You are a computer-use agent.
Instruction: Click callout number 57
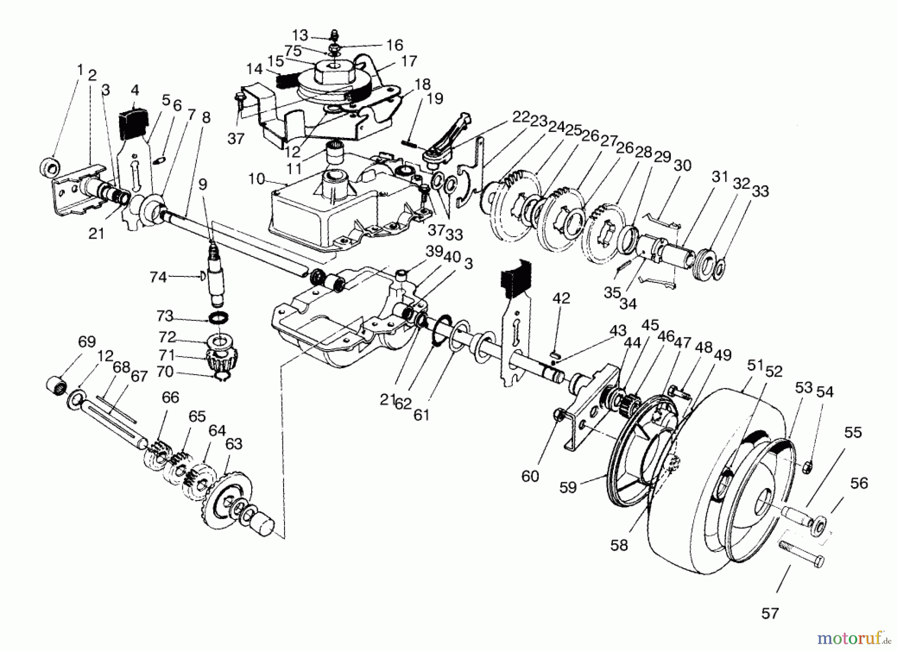coord(769,613)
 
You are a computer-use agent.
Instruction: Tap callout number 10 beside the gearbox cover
coord(257,179)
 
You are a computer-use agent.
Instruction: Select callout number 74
coord(158,276)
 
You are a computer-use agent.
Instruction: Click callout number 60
coord(530,476)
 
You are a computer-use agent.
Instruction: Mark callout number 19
coord(435,99)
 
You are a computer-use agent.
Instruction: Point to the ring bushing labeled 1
coord(49,165)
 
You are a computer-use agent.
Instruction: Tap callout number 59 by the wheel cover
coord(568,486)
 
